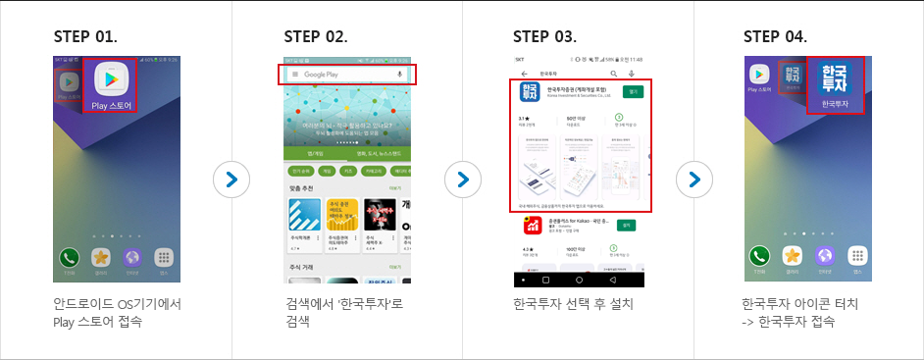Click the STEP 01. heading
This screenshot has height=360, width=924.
[x=85, y=37]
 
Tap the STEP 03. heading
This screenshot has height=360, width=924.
[x=544, y=37]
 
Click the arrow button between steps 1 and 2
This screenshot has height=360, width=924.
[x=231, y=180]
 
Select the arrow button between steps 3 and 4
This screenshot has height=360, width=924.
[x=693, y=180]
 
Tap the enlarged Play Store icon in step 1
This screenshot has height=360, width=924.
[x=110, y=84]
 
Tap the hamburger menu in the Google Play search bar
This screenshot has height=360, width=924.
[x=294, y=75]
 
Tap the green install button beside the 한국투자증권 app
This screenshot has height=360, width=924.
[x=633, y=91]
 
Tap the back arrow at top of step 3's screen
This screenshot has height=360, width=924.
[x=524, y=74]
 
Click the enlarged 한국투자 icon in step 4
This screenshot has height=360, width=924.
[x=836, y=84]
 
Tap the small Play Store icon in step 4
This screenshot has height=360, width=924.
[x=759, y=75]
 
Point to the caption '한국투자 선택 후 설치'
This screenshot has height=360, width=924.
[x=573, y=304]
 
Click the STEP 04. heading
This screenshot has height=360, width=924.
[x=775, y=37]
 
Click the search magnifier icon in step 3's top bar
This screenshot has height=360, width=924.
[x=614, y=74]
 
